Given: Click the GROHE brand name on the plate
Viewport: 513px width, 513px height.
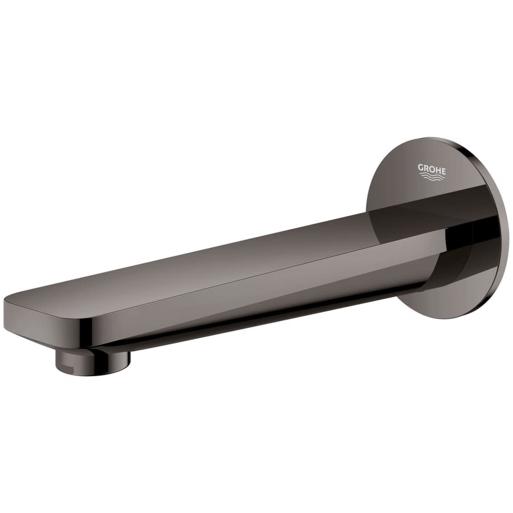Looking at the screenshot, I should [x=432, y=168].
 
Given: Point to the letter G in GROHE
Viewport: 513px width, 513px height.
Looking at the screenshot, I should [x=421, y=168].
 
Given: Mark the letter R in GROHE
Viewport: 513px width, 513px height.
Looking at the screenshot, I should [x=426, y=168].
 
